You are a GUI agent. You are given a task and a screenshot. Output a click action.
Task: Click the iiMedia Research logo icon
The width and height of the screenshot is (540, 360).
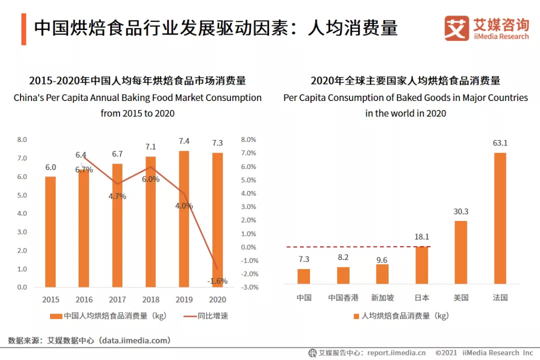(x=456, y=28)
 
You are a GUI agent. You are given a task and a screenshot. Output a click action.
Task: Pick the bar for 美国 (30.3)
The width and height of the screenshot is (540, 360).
(x=460, y=252)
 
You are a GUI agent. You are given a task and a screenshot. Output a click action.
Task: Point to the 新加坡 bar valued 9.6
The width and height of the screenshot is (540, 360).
(x=382, y=274)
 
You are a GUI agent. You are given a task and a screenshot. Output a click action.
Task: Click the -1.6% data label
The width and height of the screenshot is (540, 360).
(x=217, y=281)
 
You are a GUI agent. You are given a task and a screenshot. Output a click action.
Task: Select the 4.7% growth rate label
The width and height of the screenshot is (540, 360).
(x=117, y=196)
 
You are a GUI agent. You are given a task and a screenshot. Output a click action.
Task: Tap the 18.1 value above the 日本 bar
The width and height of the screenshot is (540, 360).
(x=421, y=237)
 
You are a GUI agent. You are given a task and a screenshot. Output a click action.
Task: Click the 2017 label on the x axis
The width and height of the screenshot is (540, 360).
(x=117, y=299)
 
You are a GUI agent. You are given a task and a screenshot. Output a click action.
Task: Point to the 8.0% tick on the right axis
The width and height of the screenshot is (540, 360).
(x=248, y=139)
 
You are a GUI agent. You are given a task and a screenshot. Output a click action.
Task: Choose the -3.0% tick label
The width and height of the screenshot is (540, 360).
(x=248, y=287)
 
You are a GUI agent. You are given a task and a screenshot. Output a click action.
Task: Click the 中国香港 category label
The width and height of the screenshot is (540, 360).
(x=343, y=297)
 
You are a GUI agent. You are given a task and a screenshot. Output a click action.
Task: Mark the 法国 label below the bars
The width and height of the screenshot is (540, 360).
(x=500, y=297)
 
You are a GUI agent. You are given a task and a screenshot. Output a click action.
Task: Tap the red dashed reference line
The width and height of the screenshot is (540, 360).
(x=350, y=247)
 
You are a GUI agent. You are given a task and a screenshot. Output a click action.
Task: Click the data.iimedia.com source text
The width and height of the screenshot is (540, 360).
(x=134, y=340)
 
